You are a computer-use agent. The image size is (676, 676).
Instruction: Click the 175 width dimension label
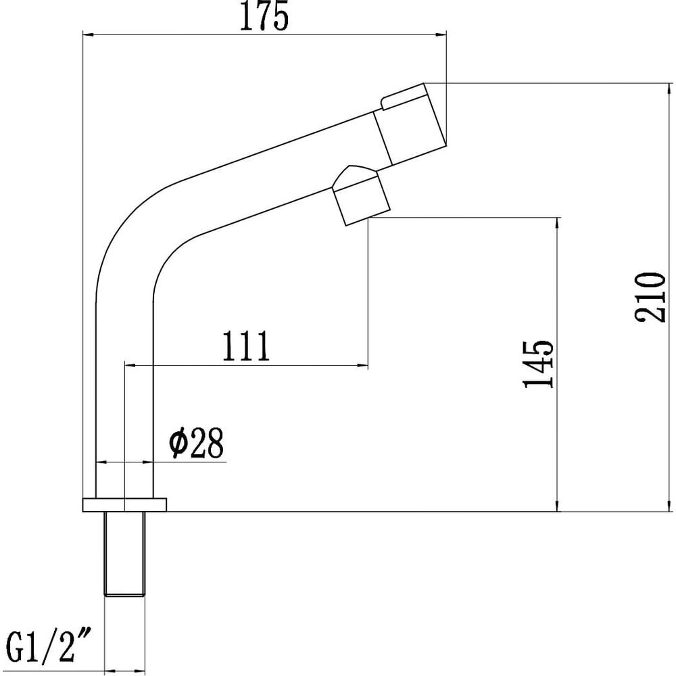(264, 16)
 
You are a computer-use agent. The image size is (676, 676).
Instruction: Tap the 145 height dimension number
(537, 364)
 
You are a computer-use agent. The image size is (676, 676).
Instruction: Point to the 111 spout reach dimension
(246, 345)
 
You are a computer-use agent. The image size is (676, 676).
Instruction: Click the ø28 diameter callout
(197, 443)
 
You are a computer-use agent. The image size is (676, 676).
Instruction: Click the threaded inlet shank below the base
(124, 554)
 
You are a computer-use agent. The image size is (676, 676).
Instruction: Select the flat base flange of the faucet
(124, 504)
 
